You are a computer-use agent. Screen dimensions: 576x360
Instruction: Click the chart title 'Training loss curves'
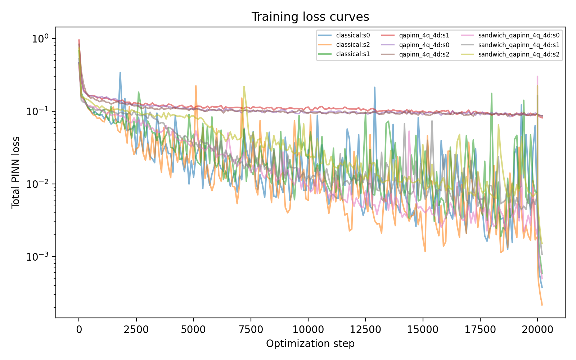click(x=310, y=17)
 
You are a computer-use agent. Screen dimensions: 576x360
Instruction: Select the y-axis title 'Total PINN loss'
click(x=16, y=172)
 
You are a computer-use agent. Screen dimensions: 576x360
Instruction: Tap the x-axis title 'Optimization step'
click(x=310, y=343)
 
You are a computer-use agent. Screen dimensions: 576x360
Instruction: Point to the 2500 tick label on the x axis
click(x=136, y=329)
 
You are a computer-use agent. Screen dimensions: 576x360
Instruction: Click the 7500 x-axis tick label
click(x=251, y=329)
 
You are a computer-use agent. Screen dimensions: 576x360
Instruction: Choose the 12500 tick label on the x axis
click(x=365, y=329)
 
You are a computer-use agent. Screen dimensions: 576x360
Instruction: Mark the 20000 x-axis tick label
click(x=537, y=329)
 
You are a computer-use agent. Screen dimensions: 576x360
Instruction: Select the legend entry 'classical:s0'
click(x=344, y=36)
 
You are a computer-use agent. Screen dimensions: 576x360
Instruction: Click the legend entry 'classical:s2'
click(x=344, y=45)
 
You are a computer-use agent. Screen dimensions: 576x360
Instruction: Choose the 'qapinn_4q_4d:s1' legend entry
click(x=415, y=36)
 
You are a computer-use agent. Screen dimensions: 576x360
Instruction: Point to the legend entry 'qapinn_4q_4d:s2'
click(x=415, y=54)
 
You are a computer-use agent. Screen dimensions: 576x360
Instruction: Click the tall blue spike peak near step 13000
click(x=375, y=87)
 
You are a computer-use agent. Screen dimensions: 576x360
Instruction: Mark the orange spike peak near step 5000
click(x=196, y=86)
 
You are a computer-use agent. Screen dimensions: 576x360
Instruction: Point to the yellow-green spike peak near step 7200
click(x=244, y=87)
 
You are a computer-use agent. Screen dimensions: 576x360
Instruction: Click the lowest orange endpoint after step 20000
click(x=542, y=305)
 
